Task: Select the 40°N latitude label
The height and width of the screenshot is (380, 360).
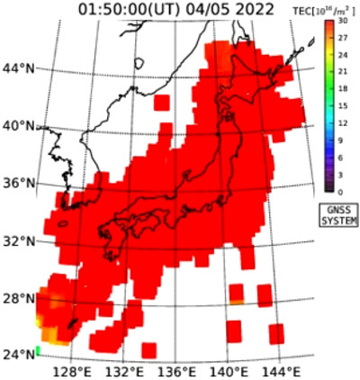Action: (18, 125)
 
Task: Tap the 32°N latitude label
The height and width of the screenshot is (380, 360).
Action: (18, 240)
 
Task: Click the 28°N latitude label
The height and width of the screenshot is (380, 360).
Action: (18, 298)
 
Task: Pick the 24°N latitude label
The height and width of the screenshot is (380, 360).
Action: (18, 354)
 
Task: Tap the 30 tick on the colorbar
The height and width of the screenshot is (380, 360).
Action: (343, 20)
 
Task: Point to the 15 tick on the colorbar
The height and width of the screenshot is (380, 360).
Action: (343, 106)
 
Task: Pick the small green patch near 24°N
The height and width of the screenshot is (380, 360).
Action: (39, 349)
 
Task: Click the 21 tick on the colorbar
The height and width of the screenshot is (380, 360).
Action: (343, 72)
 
